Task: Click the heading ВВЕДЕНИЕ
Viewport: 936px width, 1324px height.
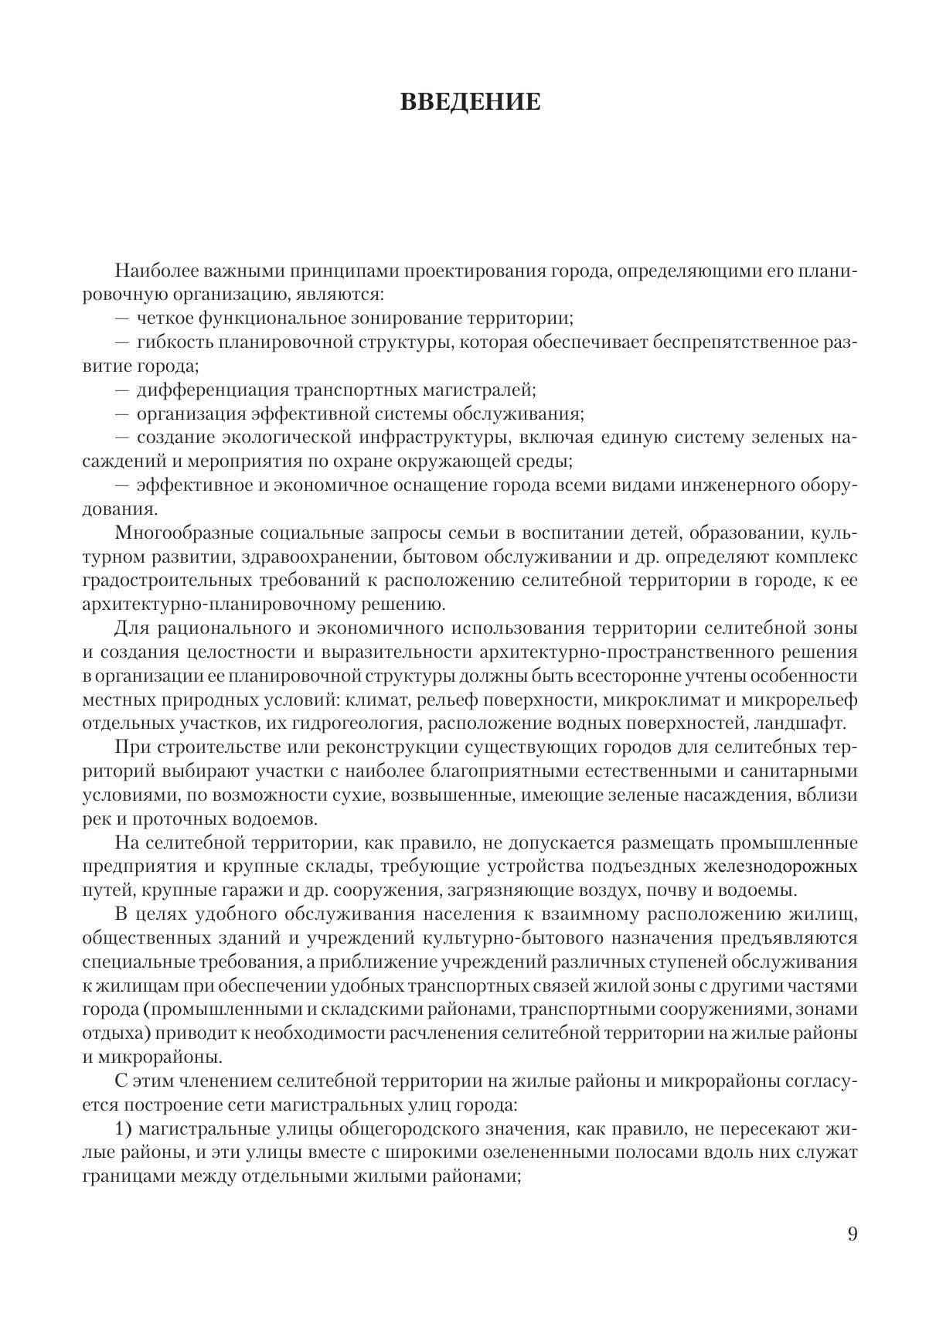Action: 470,103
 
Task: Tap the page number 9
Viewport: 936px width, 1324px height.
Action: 853,1234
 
